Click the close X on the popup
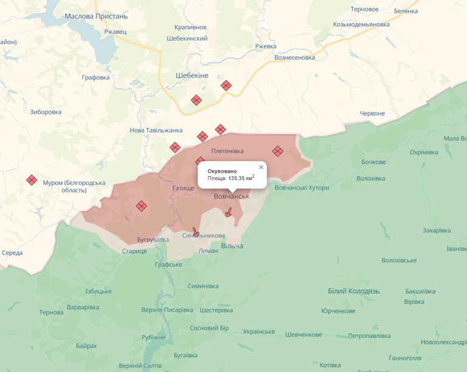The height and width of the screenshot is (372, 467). tap(261, 167)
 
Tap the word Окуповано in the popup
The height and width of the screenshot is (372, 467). tap(222, 171)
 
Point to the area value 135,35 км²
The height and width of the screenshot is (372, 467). tap(231, 178)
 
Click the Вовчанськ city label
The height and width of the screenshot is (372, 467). tap(231, 196)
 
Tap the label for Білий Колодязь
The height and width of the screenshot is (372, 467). tap(353, 291)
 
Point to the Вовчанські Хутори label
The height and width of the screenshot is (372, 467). tap(302, 188)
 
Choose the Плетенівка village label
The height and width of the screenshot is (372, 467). tap(227, 151)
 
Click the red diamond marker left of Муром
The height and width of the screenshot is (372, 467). tap(32, 180)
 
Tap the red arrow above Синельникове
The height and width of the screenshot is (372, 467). tap(195, 232)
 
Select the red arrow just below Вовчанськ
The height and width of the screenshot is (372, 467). tap(229, 212)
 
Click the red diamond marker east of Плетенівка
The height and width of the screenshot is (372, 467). tap(277, 151)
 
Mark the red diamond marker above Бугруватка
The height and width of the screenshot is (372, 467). tap(141, 206)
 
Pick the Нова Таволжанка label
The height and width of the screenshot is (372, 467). tap(156, 131)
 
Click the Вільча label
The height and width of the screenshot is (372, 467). tap(232, 246)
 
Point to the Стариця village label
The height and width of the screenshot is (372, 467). tap(134, 251)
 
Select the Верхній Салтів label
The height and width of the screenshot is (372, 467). tap(140, 365)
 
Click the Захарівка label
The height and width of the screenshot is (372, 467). tap(437, 230)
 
